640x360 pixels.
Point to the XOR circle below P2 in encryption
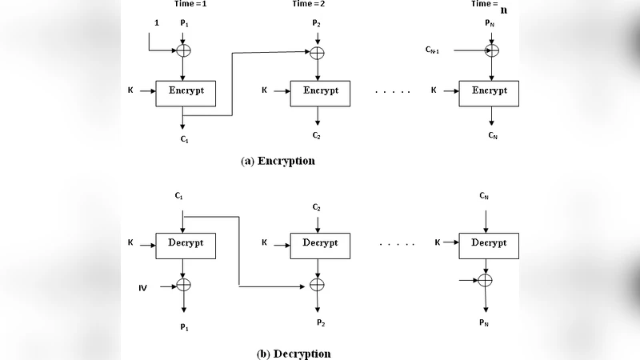tap(318, 53)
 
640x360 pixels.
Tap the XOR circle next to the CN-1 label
tap(492, 50)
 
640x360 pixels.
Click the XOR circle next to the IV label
tap(184, 284)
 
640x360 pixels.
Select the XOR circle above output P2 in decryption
tap(318, 285)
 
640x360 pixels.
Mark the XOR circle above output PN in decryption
tap(485, 280)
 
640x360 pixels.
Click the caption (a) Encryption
tap(278, 161)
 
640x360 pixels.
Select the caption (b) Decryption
tap(293, 354)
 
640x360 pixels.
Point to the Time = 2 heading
tap(314, 4)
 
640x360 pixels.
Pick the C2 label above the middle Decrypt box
tap(317, 207)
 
